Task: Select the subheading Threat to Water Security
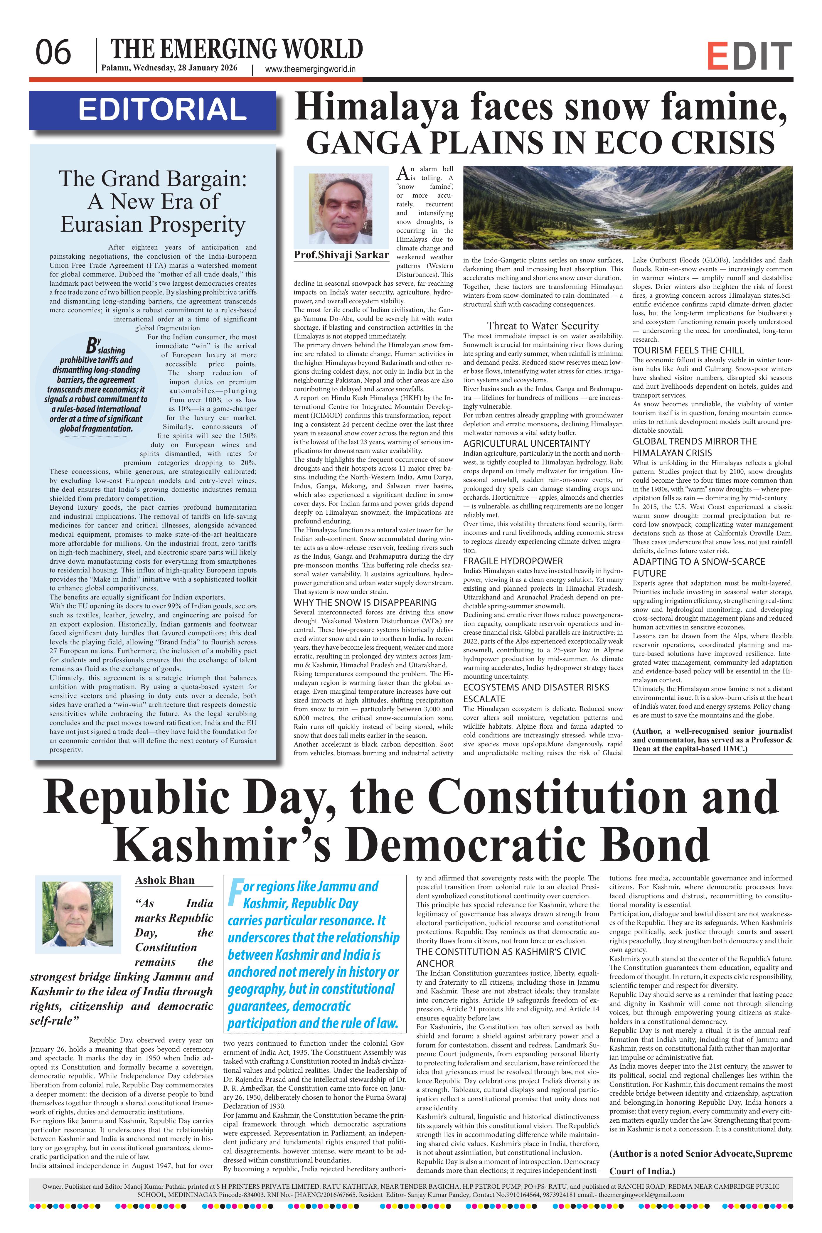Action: [543, 326]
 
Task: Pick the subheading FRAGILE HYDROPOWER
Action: [513, 561]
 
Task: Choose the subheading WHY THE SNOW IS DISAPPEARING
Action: [365, 602]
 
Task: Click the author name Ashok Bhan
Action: [165, 880]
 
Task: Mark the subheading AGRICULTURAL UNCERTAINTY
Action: [526, 444]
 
